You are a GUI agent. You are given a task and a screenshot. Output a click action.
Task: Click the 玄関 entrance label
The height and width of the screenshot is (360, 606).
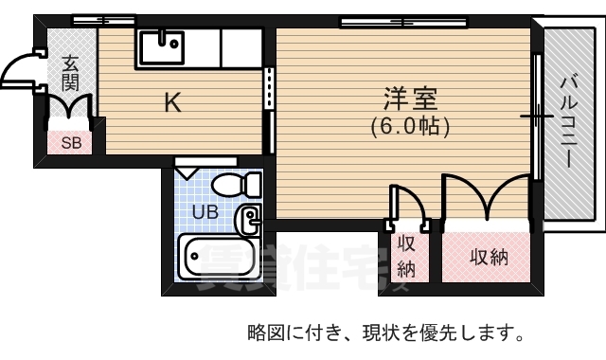[70, 74]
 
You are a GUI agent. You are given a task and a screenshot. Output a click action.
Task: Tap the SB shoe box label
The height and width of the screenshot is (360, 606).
[71, 143]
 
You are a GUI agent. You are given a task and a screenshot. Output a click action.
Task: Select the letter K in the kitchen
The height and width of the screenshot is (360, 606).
[171, 102]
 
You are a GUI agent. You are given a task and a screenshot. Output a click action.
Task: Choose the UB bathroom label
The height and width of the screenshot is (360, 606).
[205, 212]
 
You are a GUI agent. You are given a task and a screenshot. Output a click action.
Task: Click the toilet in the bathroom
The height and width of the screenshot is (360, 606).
[231, 183]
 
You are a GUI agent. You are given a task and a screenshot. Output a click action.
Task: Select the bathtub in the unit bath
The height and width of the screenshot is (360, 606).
[220, 257]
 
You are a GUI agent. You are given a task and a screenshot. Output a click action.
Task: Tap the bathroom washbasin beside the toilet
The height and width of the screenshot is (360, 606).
[248, 222]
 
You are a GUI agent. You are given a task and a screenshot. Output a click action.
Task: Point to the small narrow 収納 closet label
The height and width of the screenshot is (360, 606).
[406, 256]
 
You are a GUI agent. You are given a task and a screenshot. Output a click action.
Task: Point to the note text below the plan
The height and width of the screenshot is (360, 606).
[385, 333]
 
